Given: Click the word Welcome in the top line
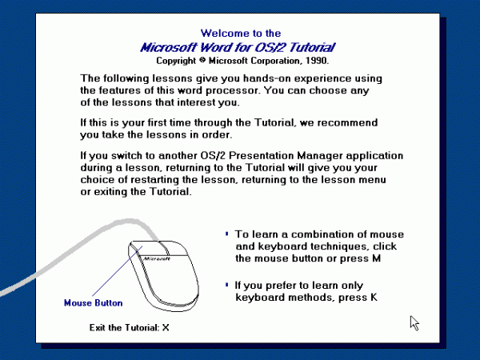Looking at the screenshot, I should (x=220, y=34).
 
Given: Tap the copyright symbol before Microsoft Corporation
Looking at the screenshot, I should (x=204, y=60).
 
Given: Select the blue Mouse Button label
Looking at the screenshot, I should (x=93, y=303).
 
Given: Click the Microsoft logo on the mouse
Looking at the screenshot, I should (x=156, y=259).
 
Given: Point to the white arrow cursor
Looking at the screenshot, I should (x=414, y=322).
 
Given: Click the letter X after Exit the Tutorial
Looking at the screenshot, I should (x=166, y=327).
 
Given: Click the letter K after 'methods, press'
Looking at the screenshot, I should (x=372, y=298).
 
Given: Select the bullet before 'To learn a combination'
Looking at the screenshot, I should (x=227, y=234).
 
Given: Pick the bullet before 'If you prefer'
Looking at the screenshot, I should (x=227, y=284).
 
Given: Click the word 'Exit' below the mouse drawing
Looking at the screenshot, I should (x=99, y=327).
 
